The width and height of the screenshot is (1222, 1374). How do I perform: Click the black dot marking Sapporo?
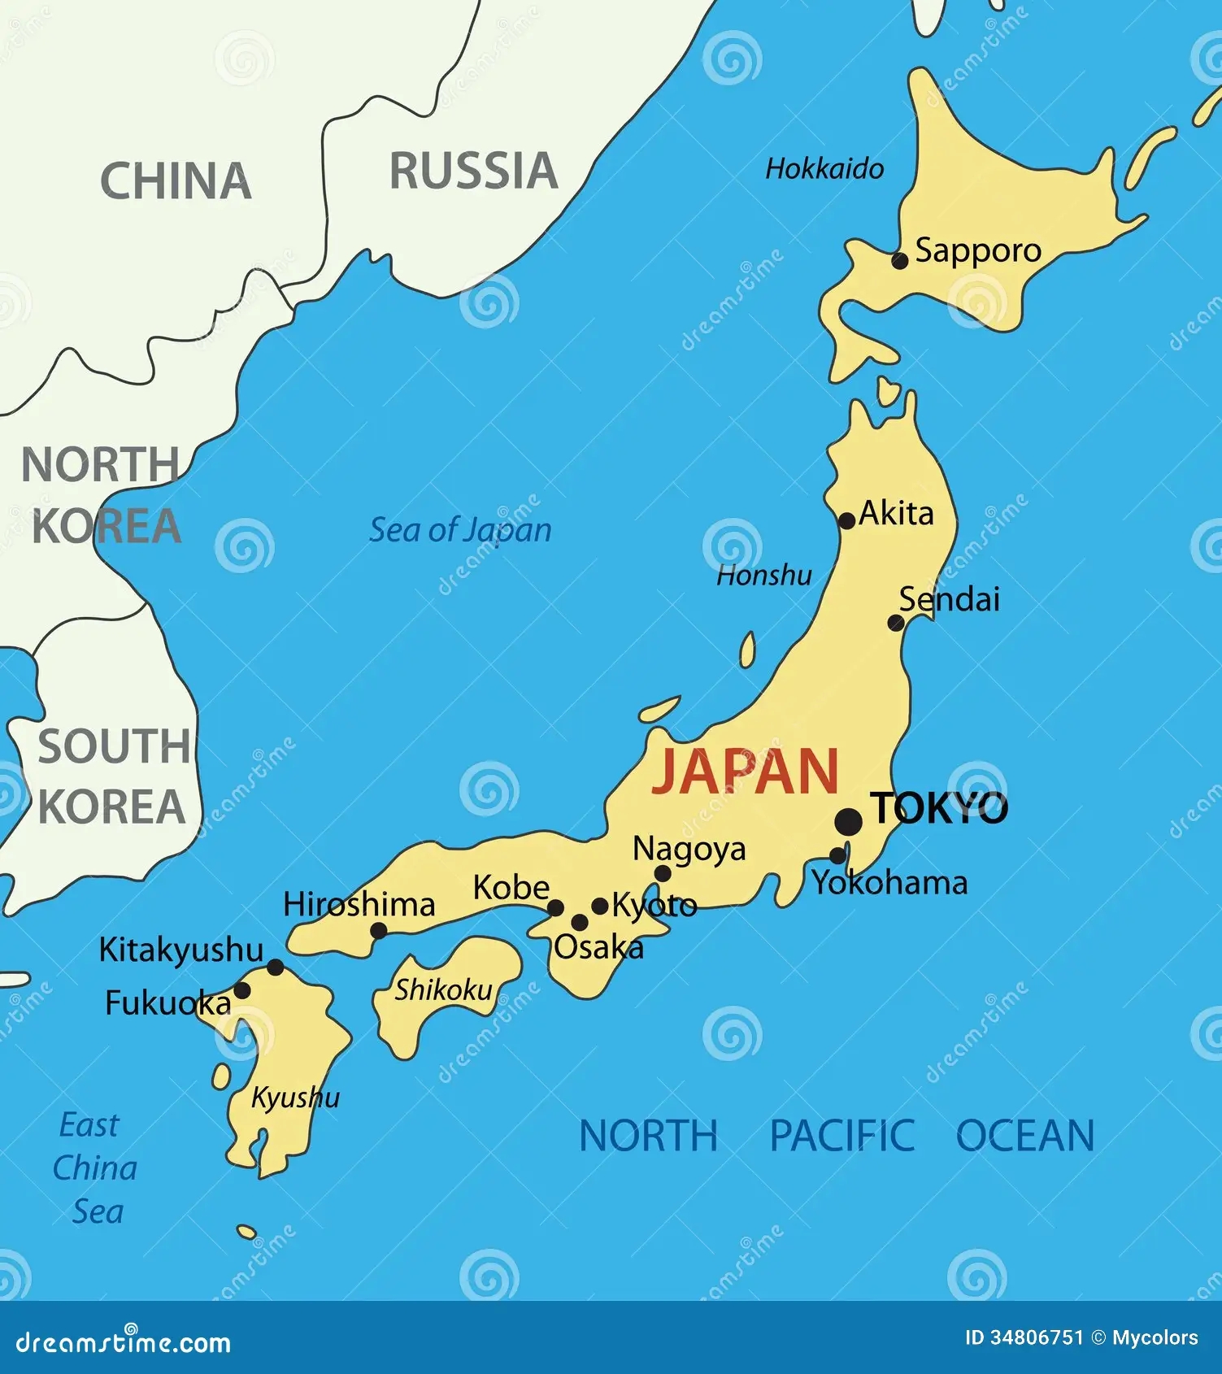click(x=899, y=261)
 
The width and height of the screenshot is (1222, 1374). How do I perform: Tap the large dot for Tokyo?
click(x=848, y=821)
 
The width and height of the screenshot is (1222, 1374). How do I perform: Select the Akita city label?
click(x=896, y=514)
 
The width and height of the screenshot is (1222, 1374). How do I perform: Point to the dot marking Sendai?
click(x=895, y=623)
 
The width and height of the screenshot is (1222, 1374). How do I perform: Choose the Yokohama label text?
click(x=890, y=883)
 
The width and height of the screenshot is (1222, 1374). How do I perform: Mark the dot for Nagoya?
click(x=663, y=874)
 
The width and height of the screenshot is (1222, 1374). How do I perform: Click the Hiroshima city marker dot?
click(x=378, y=930)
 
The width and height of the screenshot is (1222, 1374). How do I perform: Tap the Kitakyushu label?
click(x=180, y=950)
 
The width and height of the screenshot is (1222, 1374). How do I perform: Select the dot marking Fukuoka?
click(x=241, y=990)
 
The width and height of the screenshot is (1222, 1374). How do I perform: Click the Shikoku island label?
click(x=443, y=989)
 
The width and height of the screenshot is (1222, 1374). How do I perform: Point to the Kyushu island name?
click(x=294, y=1098)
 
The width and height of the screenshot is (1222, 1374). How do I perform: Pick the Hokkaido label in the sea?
click(x=824, y=168)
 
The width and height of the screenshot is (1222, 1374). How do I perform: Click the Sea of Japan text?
click(x=460, y=530)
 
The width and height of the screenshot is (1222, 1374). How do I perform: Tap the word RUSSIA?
click(x=473, y=172)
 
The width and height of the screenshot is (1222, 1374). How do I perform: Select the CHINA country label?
click(x=175, y=180)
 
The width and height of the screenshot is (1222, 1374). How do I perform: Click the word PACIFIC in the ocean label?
click(x=841, y=1136)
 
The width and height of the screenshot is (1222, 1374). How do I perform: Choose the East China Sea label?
click(x=94, y=1168)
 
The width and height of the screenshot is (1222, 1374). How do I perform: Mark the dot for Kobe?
click(x=556, y=908)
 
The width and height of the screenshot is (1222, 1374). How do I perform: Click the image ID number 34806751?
click(x=1037, y=1337)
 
